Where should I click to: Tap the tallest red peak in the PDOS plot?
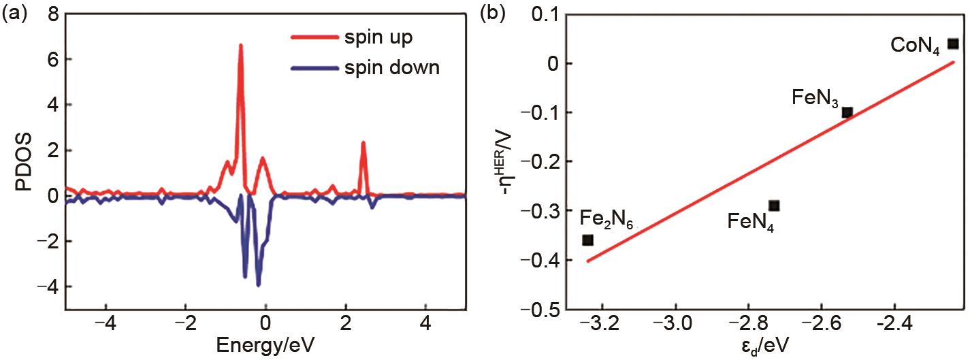pos(240,46)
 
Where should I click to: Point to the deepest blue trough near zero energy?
pos(258,284)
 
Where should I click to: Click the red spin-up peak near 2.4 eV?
pos(363,144)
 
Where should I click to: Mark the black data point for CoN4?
pos(953,44)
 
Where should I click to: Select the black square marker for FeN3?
pos(847,112)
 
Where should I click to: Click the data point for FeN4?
pos(774,206)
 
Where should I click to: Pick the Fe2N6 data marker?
pos(588,240)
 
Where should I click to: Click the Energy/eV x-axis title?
pos(266,346)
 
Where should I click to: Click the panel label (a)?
pos(13,13)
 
